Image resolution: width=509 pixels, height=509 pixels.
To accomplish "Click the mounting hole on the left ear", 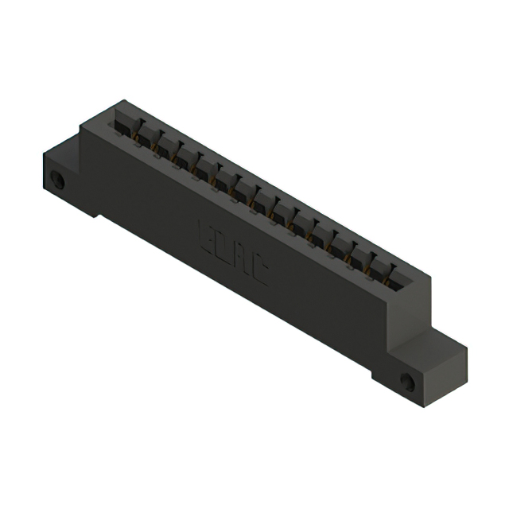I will coord(57,180).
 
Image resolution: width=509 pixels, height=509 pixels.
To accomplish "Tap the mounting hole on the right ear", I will coord(407,382).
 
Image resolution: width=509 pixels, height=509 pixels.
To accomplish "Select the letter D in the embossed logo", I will coord(222,247).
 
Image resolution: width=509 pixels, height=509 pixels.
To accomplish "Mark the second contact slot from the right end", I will coord(380,266).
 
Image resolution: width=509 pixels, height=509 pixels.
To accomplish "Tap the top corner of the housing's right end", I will coord(430,275).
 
